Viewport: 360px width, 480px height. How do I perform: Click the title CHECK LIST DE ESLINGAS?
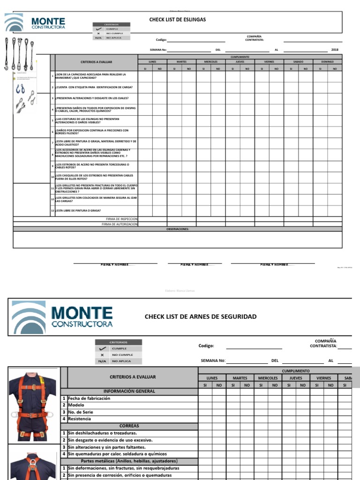[x=177, y=20]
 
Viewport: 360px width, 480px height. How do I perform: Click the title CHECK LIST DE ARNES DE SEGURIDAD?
[x=201, y=317]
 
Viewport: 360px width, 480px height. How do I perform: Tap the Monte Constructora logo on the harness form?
[x=62, y=316]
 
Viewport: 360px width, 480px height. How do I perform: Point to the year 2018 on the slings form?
[x=334, y=50]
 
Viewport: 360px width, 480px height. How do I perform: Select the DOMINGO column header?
[x=327, y=61]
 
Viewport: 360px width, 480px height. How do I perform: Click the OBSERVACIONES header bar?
[x=178, y=229]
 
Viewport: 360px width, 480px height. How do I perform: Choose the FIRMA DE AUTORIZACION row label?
[x=120, y=224]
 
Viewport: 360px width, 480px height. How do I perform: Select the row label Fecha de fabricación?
[x=89, y=398]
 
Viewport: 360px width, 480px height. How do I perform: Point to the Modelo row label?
[x=76, y=405]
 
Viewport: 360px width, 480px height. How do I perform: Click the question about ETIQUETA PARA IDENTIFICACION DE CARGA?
[x=94, y=87]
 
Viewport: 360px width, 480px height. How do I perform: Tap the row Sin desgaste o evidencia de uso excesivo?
[x=110, y=440]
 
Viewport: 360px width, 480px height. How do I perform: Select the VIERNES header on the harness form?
[x=323, y=378]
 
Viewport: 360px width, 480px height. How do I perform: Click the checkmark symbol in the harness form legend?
[x=102, y=349]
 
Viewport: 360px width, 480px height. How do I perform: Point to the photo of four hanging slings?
[x=19, y=52]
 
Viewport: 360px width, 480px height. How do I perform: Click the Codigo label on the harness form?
[x=206, y=346]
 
